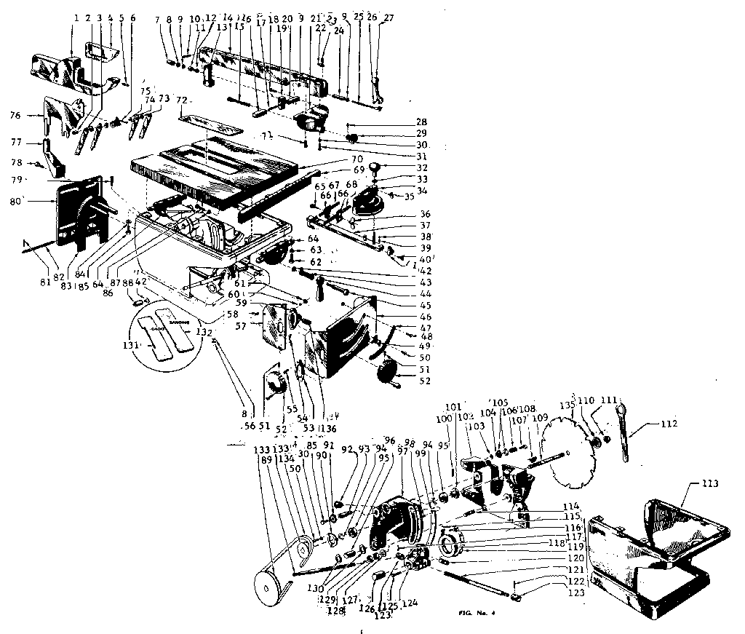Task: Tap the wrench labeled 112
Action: click(x=627, y=437)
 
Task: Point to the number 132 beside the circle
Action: click(x=206, y=330)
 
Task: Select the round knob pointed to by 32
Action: click(x=375, y=168)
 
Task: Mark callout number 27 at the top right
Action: click(x=389, y=17)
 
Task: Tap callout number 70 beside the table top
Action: click(x=356, y=159)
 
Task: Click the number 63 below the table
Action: click(x=315, y=250)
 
